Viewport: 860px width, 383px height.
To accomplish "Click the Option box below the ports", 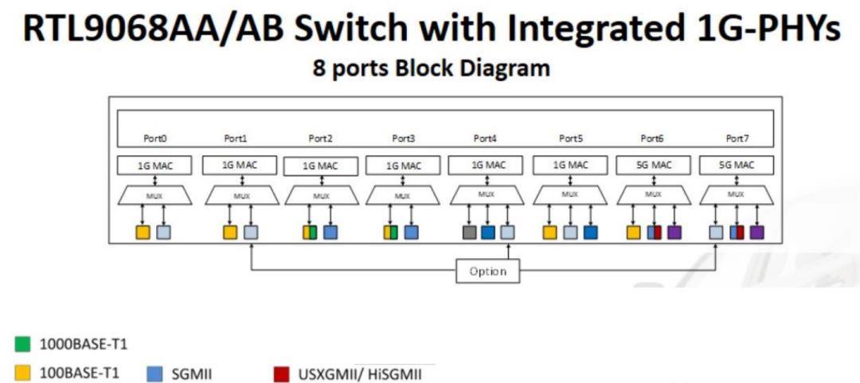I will tap(487, 271).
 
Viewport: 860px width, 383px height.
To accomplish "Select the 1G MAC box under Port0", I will tap(155, 166).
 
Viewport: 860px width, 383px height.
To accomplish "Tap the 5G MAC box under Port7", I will tap(737, 166).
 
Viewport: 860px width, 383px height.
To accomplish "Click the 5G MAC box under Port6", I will tap(653, 166).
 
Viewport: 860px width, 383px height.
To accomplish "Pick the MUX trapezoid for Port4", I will tap(487, 194).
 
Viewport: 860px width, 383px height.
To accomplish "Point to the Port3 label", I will tap(404, 139).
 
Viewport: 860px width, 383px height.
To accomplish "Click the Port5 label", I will tap(570, 139).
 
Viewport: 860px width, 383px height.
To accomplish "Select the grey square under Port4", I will tap(470, 233).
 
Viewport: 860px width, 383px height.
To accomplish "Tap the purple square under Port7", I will tap(756, 233).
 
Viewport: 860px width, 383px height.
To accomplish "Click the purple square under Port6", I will tap(674, 233).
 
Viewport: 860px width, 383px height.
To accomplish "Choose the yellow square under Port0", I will tap(143, 233).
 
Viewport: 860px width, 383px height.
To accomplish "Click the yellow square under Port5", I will tap(549, 233).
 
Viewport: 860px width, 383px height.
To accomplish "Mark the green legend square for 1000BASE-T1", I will tap(23, 345).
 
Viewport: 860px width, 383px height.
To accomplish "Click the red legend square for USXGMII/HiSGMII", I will tap(280, 373).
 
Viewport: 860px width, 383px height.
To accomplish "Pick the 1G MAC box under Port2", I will tap(321, 166).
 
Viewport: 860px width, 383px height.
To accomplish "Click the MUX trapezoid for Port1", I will tap(239, 194).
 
